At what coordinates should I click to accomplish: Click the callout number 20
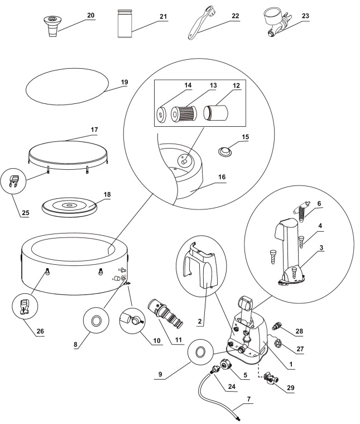click(x=91, y=16)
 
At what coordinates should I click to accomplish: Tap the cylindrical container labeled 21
click(x=125, y=23)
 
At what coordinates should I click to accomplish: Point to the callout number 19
click(x=124, y=82)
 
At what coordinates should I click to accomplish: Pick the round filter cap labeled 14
click(x=162, y=114)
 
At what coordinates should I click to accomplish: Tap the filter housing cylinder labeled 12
click(x=216, y=113)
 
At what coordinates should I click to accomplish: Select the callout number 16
click(x=222, y=177)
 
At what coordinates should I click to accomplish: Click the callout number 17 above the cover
click(x=94, y=130)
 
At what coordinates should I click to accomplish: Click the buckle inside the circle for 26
click(x=25, y=307)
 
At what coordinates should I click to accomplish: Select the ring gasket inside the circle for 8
click(x=96, y=321)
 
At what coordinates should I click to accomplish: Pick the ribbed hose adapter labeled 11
click(x=166, y=314)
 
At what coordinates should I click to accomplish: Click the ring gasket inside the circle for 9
click(x=200, y=351)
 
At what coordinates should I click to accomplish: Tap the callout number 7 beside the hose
click(x=248, y=398)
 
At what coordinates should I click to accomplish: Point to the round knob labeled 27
click(x=278, y=344)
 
